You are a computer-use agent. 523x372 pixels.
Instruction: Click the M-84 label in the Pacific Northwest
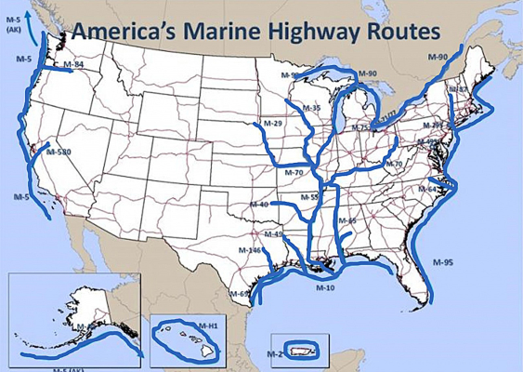click(x=73, y=65)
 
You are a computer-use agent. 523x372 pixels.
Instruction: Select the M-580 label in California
click(x=59, y=152)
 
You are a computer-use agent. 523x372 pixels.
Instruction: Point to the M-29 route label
click(x=272, y=124)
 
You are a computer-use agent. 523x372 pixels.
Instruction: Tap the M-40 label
click(x=259, y=205)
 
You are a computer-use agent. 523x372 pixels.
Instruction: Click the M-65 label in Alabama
click(x=346, y=220)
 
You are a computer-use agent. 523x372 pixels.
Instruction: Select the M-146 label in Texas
click(x=250, y=250)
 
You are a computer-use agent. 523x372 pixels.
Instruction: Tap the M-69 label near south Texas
click(x=240, y=294)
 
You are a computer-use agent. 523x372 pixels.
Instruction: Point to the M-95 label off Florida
click(x=442, y=263)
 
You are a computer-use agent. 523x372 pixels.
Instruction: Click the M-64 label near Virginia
click(x=426, y=190)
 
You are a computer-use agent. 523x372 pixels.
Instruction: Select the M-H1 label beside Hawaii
click(x=207, y=325)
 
